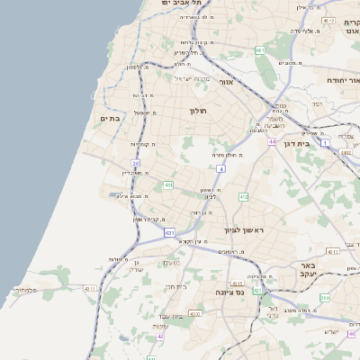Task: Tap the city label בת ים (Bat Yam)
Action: click(111, 119)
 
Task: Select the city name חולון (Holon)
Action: click(198, 111)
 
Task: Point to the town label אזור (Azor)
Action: click(226, 82)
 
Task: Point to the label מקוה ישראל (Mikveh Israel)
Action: click(189, 78)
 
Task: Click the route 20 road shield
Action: click(135, 163)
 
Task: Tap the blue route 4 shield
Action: click(220, 168)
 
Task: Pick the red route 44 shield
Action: click(272, 141)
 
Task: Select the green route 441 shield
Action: click(167, 184)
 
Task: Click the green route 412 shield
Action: click(243, 195)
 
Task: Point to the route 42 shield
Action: click(161, 336)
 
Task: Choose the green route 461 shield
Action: click(258, 50)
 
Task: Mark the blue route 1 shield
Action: click(325, 142)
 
